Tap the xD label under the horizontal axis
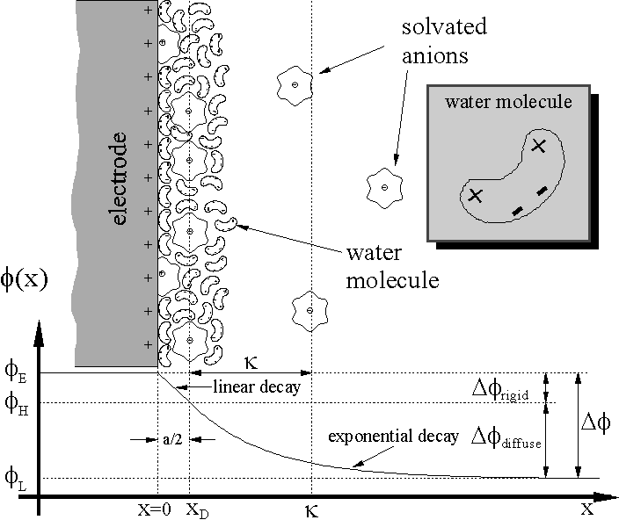(x=194, y=509)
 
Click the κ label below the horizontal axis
(x=310, y=509)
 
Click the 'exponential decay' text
(x=393, y=437)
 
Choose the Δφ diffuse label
(x=504, y=435)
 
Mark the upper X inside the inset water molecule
(x=539, y=147)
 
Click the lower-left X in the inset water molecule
(x=475, y=194)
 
